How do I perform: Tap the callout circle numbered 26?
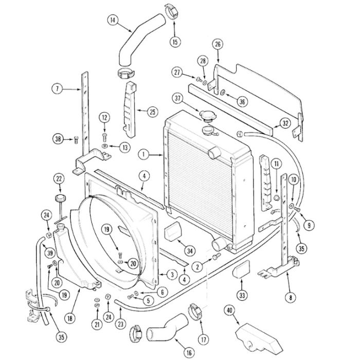(x=218, y=44)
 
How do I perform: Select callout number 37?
(x=178, y=98)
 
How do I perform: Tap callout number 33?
(x=242, y=295)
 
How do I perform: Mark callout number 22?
(x=59, y=178)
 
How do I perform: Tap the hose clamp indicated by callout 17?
(x=195, y=312)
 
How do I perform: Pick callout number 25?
(x=152, y=111)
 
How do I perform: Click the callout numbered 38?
(x=58, y=138)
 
